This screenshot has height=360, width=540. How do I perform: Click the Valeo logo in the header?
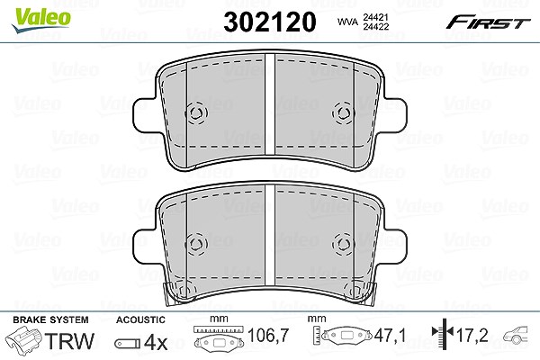click(x=41, y=20)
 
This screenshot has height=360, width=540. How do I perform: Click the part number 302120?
click(x=270, y=22)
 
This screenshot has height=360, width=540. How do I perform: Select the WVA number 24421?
click(x=375, y=17)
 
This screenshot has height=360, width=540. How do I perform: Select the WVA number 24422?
click(x=375, y=26)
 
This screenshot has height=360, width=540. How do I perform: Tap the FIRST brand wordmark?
click(x=488, y=22)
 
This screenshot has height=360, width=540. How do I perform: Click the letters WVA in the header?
click(x=347, y=22)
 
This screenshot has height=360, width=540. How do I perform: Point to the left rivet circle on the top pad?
click(x=196, y=112)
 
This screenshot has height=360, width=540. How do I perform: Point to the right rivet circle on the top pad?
click(x=344, y=112)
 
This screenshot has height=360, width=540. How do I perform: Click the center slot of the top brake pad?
click(x=270, y=104)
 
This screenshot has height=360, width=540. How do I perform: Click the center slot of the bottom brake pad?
click(x=270, y=235)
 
